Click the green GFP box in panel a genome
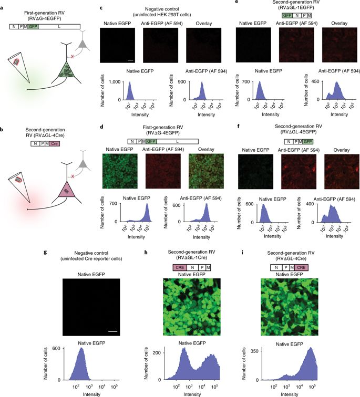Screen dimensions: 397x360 [x=33, y=25]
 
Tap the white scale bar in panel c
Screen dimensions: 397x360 [x=130, y=60]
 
